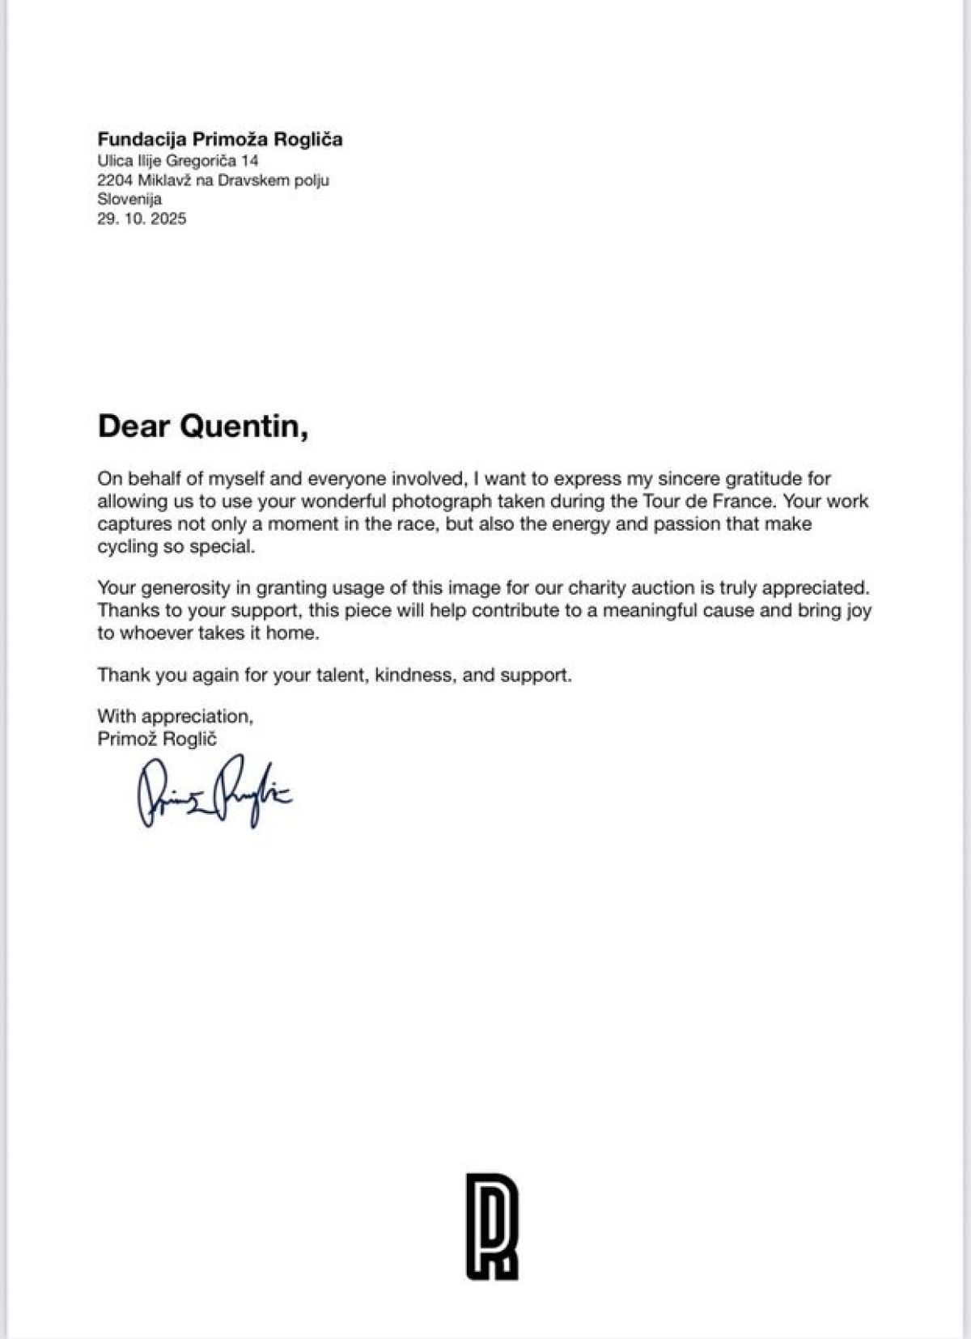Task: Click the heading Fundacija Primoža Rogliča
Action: click(x=220, y=139)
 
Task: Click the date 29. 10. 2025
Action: click(x=142, y=218)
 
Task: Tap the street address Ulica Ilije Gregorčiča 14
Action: click(x=178, y=161)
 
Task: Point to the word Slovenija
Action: click(x=129, y=199)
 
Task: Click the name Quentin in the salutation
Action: click(x=244, y=426)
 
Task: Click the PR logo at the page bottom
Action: click(x=491, y=1225)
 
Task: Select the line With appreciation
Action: click(x=176, y=716)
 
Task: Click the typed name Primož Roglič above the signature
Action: click(x=157, y=738)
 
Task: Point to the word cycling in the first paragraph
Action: click(x=126, y=546)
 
